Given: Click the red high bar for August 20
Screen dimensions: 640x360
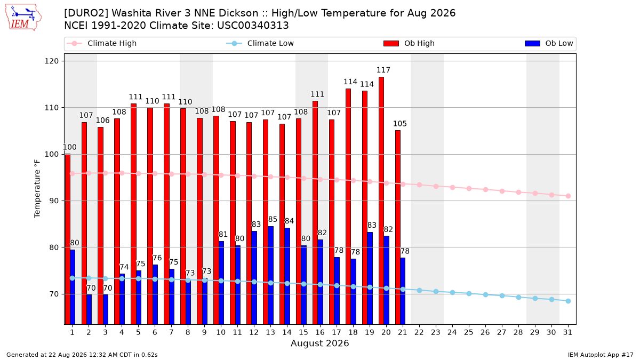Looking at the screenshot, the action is (381, 201).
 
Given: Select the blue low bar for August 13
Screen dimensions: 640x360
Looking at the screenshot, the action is (270, 275).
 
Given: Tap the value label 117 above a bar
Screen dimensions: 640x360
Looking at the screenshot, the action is (383, 70).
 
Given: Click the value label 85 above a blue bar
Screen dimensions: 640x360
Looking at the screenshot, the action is (273, 219).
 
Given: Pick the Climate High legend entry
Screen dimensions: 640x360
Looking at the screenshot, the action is (102, 43).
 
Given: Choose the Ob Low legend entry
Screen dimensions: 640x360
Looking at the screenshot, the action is (549, 43).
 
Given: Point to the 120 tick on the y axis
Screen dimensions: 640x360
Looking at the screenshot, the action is (52, 61).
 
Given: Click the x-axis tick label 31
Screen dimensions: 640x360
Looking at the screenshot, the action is (567, 332).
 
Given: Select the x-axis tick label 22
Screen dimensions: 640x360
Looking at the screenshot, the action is (419, 332).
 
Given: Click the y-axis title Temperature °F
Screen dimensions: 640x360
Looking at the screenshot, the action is (37, 189).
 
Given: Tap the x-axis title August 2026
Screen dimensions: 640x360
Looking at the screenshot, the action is (319, 343).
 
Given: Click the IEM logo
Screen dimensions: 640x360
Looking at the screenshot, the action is (23, 18).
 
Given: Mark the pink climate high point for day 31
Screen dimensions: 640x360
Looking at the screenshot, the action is (568, 196).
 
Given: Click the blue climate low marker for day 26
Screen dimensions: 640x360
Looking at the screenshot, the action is (485, 294).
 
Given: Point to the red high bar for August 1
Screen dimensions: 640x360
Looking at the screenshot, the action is (68, 239).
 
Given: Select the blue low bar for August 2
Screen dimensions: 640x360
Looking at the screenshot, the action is (89, 309).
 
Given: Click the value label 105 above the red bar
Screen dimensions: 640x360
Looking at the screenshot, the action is (399, 124).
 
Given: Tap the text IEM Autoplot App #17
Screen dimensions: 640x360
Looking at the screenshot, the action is (601, 355).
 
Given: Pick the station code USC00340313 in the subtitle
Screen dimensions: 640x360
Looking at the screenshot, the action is (253, 26).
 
